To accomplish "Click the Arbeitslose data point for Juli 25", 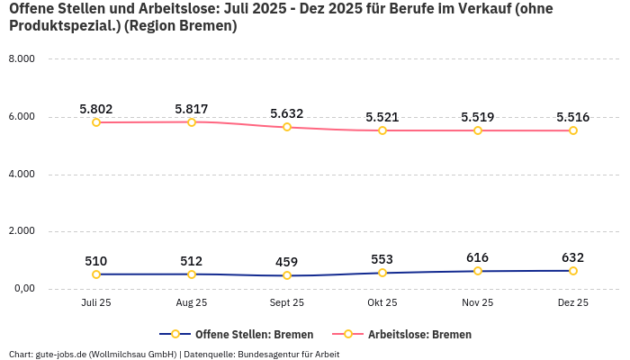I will pos(96,122).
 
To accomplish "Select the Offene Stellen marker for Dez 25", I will pos(573,271).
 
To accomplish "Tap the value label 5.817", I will pos(192,109).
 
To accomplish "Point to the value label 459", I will pos(287,262).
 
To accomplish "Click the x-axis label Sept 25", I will pos(287,303).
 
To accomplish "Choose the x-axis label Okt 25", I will pos(382,303).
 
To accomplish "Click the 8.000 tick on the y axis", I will pos(21,59).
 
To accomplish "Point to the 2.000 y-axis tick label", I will pos(21,231).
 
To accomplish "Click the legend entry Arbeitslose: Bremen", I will pos(419,334).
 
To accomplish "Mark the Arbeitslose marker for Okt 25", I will pos(382,130).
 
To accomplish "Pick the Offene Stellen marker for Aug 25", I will pos(192,274).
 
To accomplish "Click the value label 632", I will pos(573,257).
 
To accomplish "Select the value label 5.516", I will pos(573,117).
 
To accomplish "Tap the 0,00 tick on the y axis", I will pos(22,289).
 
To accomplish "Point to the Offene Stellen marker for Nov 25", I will pos(478,271).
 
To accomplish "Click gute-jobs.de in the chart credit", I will pos(62,354).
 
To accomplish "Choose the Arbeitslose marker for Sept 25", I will pos(287,127).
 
